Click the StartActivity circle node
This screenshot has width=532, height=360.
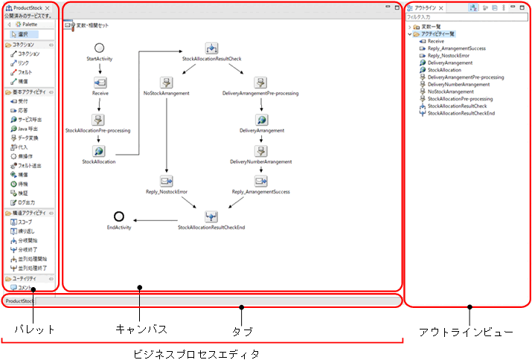(x=99, y=48)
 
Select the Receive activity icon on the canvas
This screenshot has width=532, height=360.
(x=99, y=83)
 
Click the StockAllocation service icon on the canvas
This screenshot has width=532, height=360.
(x=99, y=151)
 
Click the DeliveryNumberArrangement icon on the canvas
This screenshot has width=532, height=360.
(x=261, y=151)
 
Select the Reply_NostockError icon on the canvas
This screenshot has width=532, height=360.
(x=166, y=181)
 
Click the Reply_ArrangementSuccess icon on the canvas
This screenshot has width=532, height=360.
(x=260, y=181)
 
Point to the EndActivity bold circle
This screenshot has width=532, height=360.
(x=118, y=216)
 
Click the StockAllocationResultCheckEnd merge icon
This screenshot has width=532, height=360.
(x=212, y=216)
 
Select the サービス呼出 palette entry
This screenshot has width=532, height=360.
(x=30, y=119)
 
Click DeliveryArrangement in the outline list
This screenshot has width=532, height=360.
(x=449, y=62)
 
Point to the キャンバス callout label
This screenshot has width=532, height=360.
(x=141, y=328)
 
